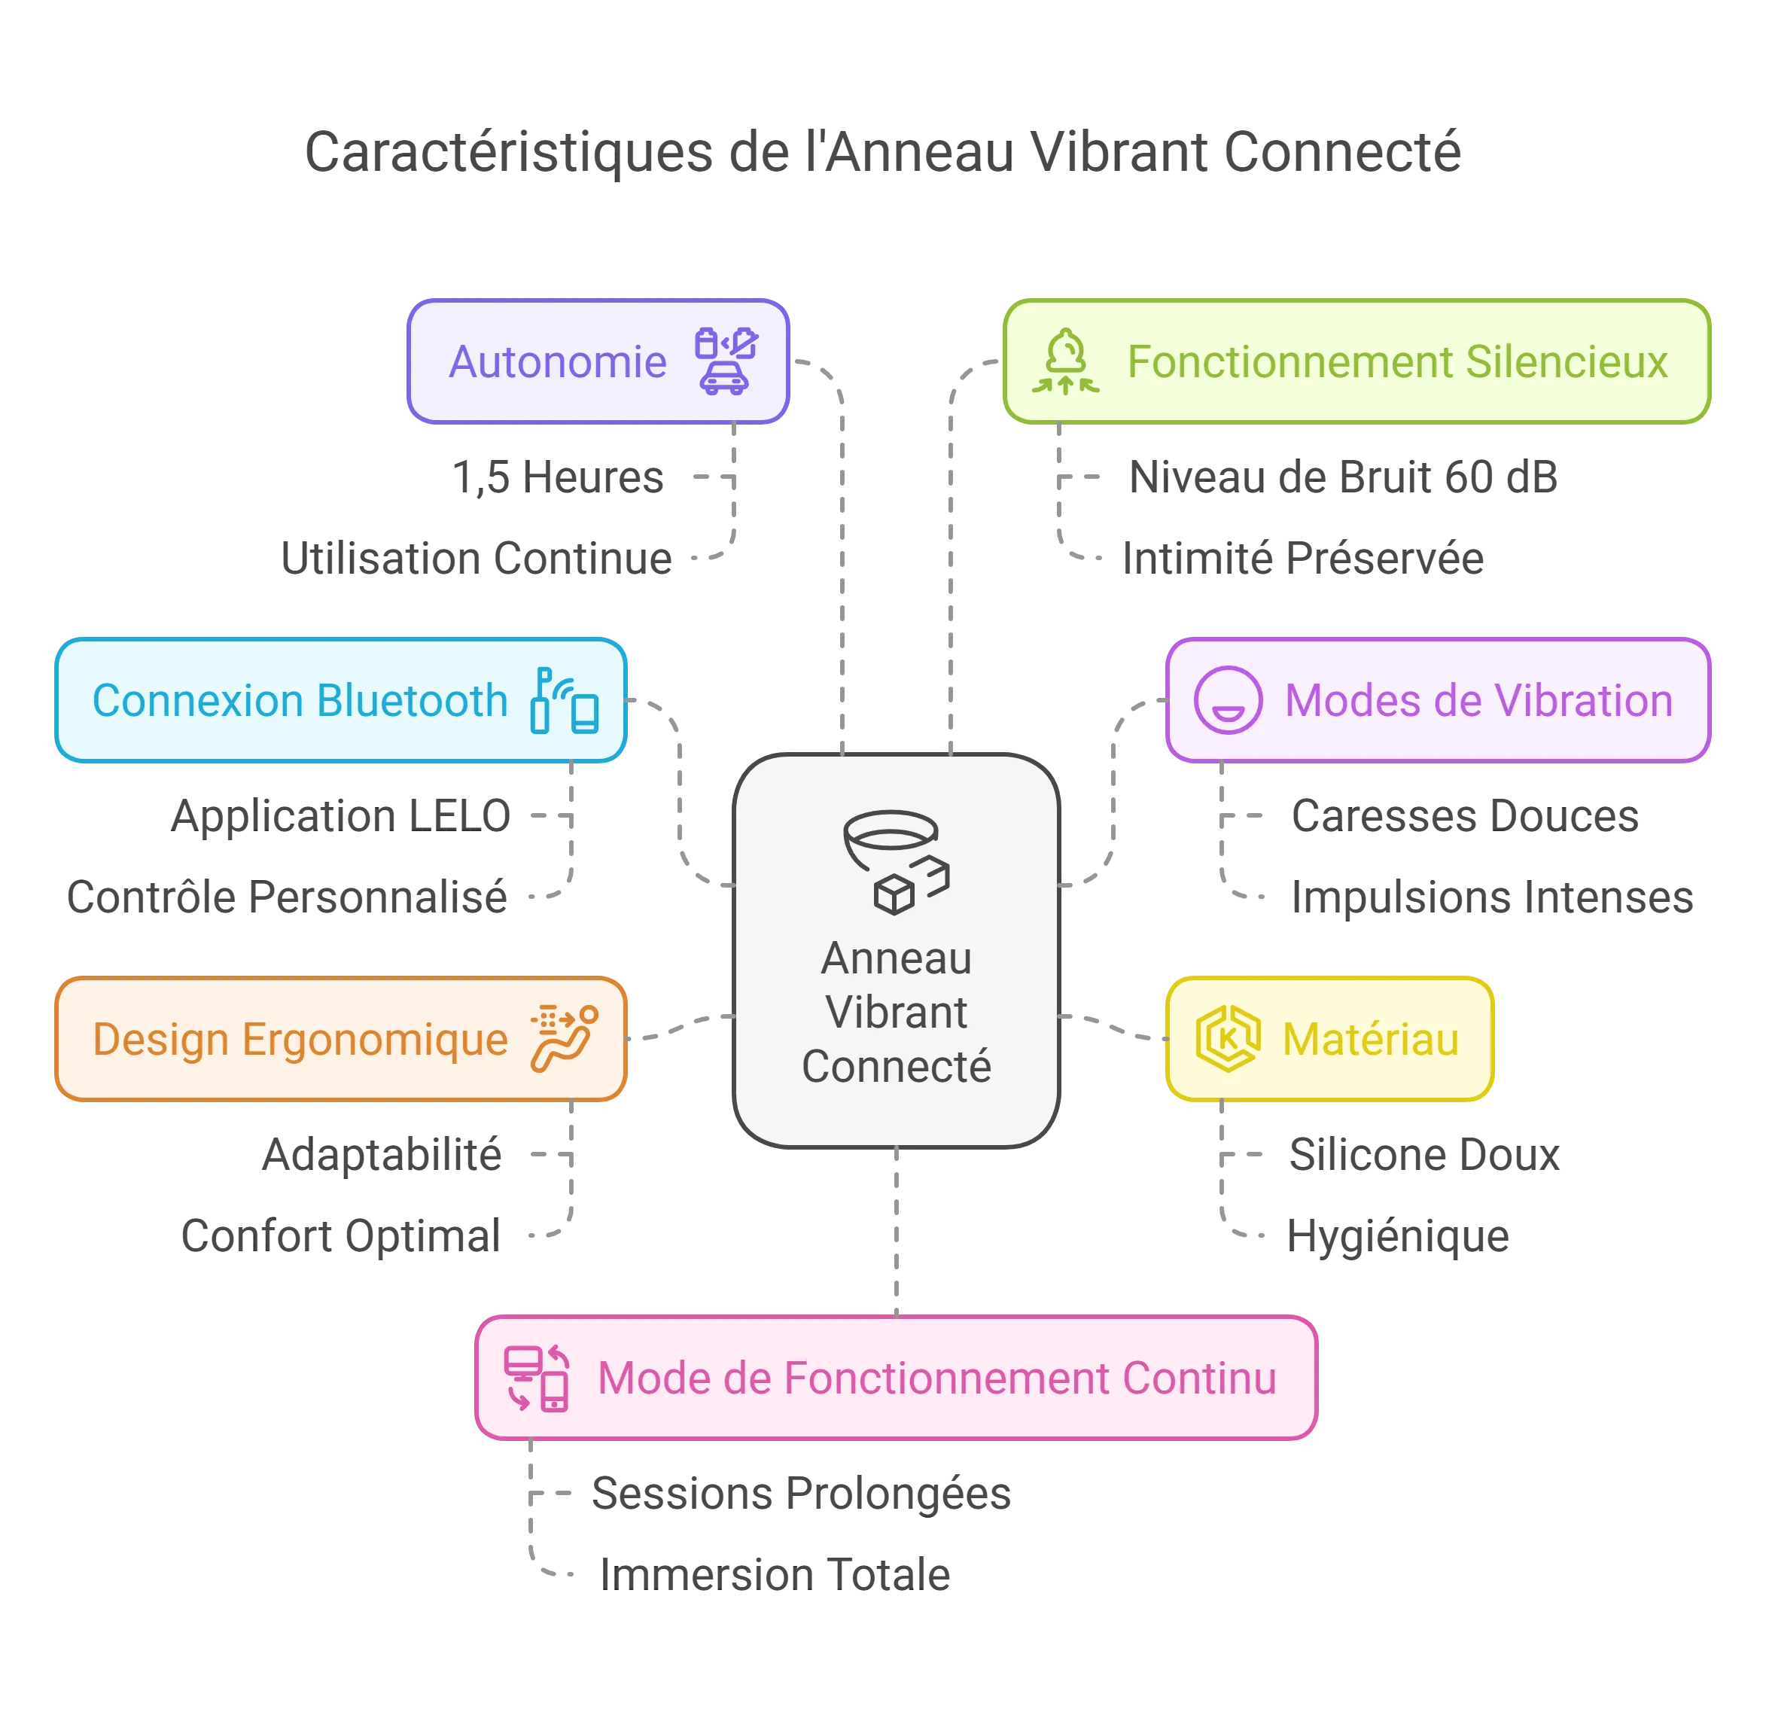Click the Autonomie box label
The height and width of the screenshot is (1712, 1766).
point(557,362)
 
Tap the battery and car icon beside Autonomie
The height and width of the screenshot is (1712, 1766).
point(726,361)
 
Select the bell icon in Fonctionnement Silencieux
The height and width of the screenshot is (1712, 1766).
point(1066,361)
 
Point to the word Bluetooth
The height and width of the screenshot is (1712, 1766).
point(412,701)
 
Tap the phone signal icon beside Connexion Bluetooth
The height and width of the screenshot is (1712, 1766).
point(565,700)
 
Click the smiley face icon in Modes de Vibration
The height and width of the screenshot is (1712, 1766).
point(1227,700)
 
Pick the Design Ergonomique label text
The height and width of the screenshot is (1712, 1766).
point(300,1040)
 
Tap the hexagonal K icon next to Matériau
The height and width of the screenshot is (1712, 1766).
point(1227,1039)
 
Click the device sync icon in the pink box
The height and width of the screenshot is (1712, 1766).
point(536,1378)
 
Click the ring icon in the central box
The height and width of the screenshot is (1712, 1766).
point(896,861)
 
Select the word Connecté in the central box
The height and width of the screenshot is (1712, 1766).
point(897,1067)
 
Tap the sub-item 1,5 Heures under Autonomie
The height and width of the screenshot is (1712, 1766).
point(559,477)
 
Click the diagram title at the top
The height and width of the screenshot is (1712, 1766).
point(882,151)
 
